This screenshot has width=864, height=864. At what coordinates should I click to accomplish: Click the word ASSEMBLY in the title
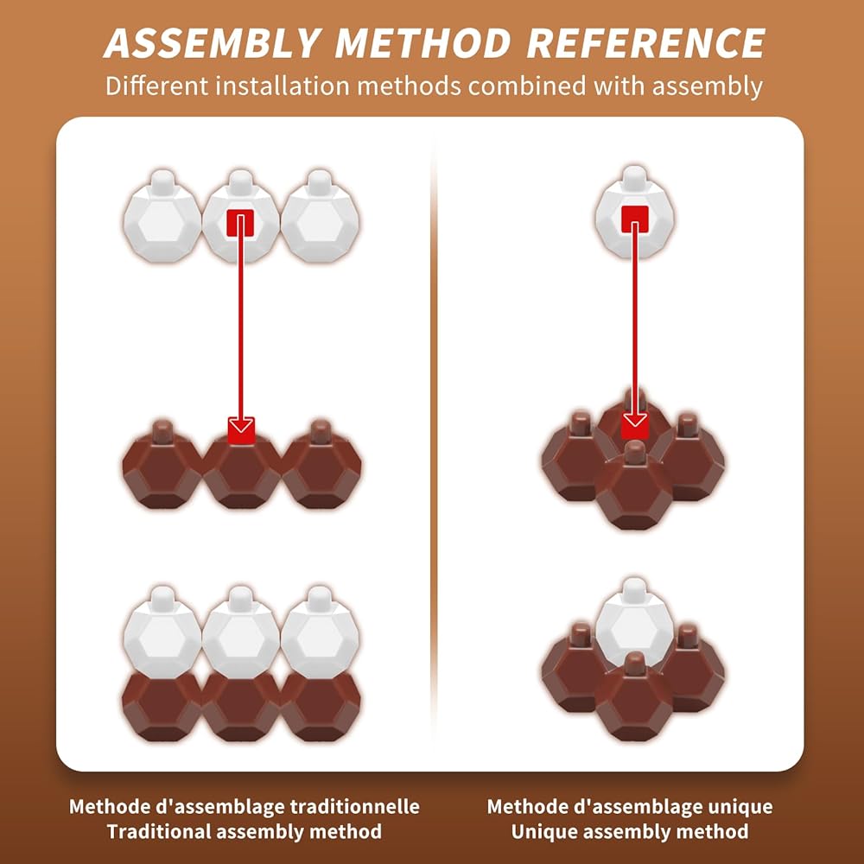coord(213,43)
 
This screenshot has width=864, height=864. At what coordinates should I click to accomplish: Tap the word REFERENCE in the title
coord(645,43)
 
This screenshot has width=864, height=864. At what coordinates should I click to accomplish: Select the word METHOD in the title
coord(423,43)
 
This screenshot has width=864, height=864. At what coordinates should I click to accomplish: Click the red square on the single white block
coord(635,219)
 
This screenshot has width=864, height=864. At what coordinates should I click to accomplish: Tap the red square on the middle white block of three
coord(240,223)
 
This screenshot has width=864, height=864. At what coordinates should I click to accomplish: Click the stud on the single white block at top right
coord(635,176)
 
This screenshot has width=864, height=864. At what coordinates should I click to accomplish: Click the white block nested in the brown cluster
coord(635,623)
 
